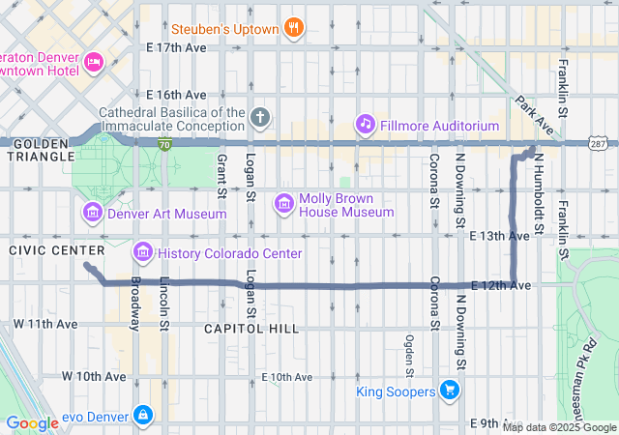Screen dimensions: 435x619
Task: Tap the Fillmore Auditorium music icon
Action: coord(365,124)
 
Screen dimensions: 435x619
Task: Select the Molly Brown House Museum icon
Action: coord(284,202)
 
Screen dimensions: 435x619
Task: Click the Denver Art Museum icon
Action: coord(93,212)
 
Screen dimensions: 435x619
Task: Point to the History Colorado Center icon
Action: coord(143,252)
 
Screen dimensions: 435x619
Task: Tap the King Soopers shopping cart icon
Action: coord(449,390)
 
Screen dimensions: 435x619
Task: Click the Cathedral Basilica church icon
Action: coord(259,118)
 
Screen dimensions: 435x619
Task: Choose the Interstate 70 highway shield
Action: coord(166,143)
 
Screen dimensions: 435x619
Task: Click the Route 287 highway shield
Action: coord(599,144)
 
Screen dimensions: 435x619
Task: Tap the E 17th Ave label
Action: coord(176,46)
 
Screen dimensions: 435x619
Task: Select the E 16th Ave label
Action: coord(176,95)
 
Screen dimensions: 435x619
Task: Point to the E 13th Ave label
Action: coord(499,236)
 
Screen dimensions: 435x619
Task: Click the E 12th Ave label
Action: coord(501,285)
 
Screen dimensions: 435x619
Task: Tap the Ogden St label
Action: coord(410,356)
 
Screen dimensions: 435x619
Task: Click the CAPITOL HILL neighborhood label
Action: coord(252,329)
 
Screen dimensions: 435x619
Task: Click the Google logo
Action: coord(33,423)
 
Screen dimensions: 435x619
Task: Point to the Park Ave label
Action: coord(534,115)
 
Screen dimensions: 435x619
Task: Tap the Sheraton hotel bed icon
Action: coord(94,63)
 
